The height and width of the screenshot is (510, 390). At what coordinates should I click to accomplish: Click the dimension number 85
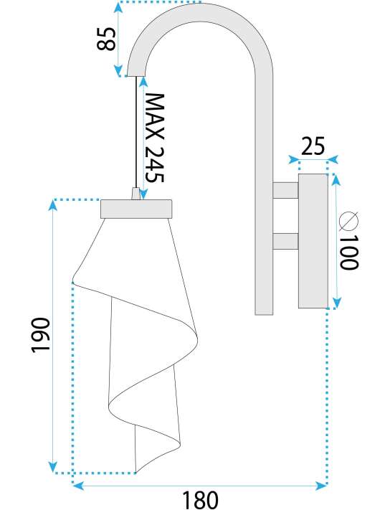click(106, 39)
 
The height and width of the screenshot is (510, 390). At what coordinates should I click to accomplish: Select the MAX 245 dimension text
click(155, 138)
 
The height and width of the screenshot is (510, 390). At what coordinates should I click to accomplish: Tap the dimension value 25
click(313, 146)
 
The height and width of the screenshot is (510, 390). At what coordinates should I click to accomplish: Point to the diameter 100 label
click(348, 240)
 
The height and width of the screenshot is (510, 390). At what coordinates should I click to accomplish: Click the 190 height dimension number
click(41, 335)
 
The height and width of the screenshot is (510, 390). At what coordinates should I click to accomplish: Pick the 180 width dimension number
click(200, 499)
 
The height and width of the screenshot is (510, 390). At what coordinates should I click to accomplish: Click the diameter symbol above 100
click(348, 221)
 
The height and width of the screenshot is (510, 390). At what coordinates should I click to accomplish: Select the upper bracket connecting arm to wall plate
click(285, 190)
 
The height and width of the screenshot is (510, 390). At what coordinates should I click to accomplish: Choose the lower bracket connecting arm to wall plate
click(285, 241)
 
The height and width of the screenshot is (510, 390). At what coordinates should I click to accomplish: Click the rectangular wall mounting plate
click(313, 241)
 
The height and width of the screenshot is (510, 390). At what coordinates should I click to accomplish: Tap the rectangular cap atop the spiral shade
click(136, 209)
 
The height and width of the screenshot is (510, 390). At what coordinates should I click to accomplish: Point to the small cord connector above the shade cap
click(135, 194)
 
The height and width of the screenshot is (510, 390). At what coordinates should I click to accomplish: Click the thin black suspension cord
click(135, 132)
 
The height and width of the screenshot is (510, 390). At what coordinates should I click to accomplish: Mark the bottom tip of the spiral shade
click(135, 473)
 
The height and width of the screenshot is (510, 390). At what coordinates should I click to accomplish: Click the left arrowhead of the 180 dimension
click(77, 486)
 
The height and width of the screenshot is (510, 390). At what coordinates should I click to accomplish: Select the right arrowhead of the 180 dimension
click(321, 486)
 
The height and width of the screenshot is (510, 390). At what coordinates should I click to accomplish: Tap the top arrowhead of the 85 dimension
click(118, 8)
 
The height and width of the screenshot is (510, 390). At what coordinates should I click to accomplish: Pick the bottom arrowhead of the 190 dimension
click(53, 467)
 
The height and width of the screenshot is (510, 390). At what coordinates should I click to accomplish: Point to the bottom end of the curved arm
click(264, 314)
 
